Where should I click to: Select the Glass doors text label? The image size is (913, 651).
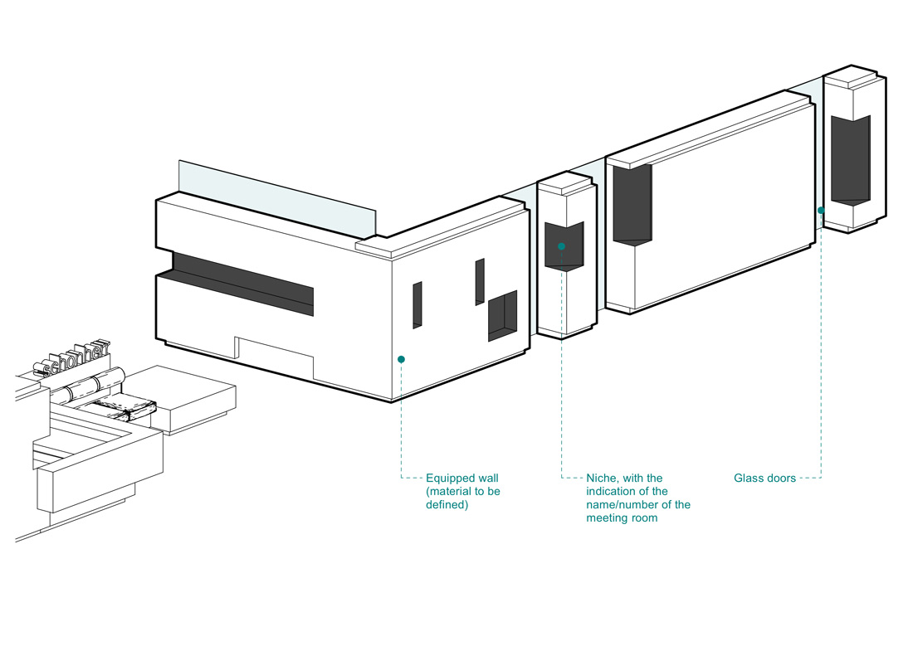click(x=764, y=479)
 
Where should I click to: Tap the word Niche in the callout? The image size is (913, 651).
click(x=602, y=479)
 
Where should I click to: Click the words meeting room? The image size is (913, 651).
click(x=622, y=518)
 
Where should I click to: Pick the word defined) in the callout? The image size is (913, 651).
click(x=447, y=505)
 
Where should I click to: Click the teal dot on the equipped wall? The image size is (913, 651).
click(x=401, y=359)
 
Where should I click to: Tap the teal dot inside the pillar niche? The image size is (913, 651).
click(x=562, y=246)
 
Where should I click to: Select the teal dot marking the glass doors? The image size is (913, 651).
click(x=821, y=210)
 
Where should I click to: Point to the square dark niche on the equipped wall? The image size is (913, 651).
click(x=502, y=315)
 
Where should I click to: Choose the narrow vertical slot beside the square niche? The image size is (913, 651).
click(x=480, y=281)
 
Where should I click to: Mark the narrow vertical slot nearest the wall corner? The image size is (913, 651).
click(x=417, y=304)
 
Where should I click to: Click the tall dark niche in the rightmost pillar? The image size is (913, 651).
click(x=851, y=159)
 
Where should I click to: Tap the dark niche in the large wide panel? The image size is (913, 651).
click(x=632, y=203)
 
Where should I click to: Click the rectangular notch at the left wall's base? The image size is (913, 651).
click(x=274, y=357)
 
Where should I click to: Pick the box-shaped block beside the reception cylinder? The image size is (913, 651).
click(x=195, y=402)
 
